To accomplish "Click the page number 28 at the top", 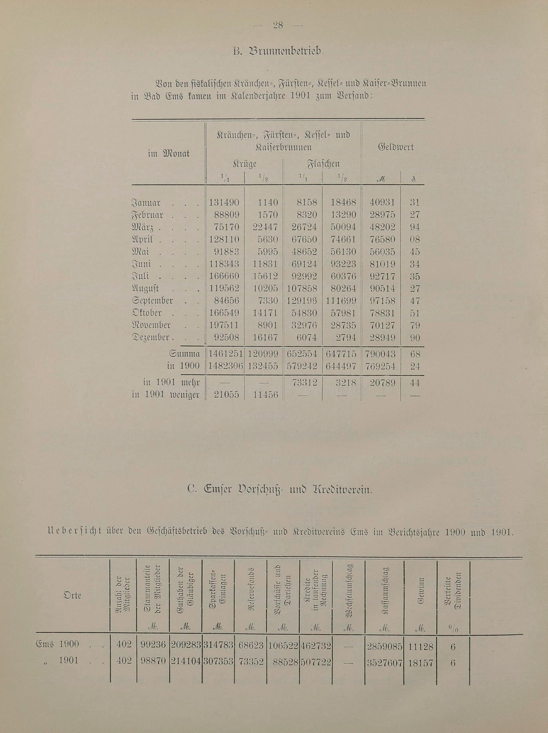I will (278, 25).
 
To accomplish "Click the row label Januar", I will (146, 203).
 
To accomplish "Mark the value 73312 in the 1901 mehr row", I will (304, 383).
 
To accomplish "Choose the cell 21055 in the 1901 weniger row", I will (225, 395).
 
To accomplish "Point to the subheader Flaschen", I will (324, 164).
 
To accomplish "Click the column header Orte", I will (72, 595).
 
